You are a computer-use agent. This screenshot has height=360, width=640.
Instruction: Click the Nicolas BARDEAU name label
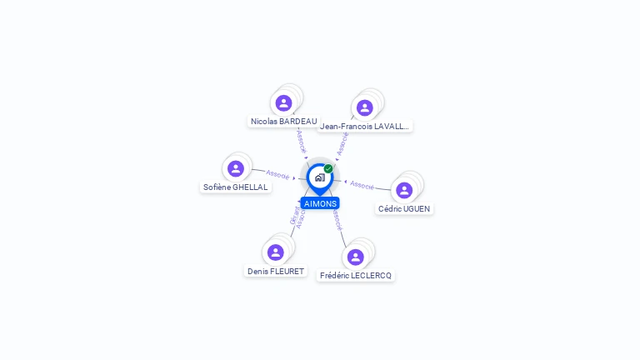(283, 122)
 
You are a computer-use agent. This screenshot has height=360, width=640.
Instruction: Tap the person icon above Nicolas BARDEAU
(283, 103)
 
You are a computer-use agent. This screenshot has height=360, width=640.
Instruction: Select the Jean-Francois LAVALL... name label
(365, 127)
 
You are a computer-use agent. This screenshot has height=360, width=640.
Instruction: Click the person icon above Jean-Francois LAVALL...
(364, 107)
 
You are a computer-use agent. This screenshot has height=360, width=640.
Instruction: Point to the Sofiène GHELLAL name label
(236, 187)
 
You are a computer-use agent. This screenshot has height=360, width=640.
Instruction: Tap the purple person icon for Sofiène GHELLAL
(236, 169)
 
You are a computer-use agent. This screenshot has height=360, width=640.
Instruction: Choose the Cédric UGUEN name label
(405, 209)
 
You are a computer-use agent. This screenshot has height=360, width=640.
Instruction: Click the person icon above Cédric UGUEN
(404, 190)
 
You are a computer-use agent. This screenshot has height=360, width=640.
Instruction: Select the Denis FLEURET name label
(276, 271)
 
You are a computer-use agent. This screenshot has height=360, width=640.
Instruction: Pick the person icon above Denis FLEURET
(276, 252)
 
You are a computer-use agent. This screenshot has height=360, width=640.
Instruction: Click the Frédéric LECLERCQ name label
(356, 276)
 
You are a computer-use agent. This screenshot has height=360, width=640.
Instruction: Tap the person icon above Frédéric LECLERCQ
(356, 257)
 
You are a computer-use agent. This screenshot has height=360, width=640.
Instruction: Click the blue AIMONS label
(320, 203)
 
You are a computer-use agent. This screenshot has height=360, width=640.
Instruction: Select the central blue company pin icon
(319, 177)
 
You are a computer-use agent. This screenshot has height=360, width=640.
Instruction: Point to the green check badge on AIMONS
(328, 169)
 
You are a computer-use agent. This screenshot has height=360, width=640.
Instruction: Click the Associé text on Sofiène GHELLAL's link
(277, 175)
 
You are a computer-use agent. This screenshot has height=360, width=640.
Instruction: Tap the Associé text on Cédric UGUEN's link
(362, 184)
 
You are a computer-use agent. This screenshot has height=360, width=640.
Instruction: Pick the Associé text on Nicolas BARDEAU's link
(302, 141)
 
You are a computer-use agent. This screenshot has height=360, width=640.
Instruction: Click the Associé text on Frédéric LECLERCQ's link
(336, 221)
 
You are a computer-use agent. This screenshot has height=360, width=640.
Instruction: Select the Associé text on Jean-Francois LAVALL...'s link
(342, 143)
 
